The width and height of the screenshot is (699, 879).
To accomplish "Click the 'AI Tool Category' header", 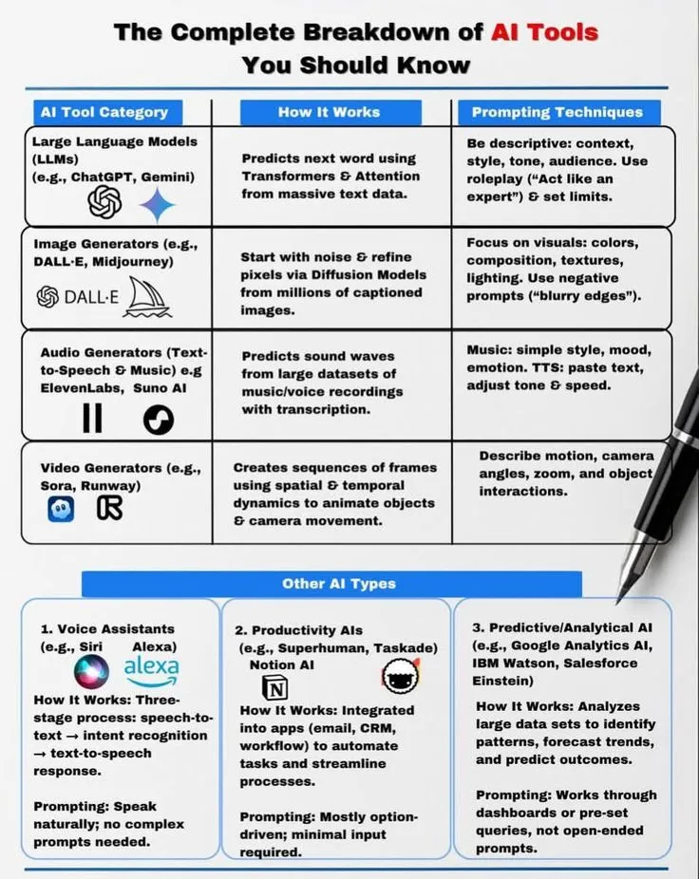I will [104, 112].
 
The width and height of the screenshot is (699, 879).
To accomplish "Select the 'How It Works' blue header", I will [329, 112].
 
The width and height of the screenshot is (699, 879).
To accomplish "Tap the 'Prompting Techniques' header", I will [557, 112].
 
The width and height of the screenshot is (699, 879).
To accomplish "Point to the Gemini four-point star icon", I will [158, 203].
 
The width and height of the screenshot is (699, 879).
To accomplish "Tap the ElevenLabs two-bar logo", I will [92, 418].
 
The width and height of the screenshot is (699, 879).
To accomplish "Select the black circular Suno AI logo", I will [159, 419].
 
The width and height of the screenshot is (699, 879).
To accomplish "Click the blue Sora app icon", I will [61, 510].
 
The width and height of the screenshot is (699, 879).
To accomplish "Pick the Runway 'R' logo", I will [110, 510].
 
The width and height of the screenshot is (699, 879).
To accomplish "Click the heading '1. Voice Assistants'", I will [107, 628].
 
